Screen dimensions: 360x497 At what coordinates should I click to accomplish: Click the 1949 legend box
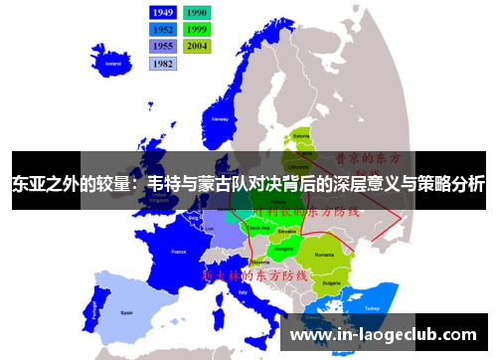pyautogui.click(x=163, y=12)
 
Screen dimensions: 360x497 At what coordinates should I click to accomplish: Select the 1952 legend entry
pyautogui.click(x=163, y=29)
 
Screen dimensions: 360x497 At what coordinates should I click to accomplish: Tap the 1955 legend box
pyautogui.click(x=163, y=46)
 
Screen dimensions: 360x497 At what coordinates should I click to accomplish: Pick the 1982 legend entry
pyautogui.click(x=163, y=63)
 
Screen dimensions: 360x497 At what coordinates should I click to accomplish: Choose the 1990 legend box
pyautogui.click(x=197, y=12)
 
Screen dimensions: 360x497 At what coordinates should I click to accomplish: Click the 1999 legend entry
pyautogui.click(x=197, y=29)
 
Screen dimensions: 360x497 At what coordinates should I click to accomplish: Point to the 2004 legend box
pyautogui.click(x=197, y=46)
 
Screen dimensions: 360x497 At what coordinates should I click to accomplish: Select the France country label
pyautogui.click(x=179, y=253)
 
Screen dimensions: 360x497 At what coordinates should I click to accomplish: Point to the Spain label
pyautogui.click(x=126, y=311)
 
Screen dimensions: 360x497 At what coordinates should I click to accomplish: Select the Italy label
pyautogui.click(x=244, y=293)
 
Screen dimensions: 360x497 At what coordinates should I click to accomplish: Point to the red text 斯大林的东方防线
pyautogui.click(x=255, y=273)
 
